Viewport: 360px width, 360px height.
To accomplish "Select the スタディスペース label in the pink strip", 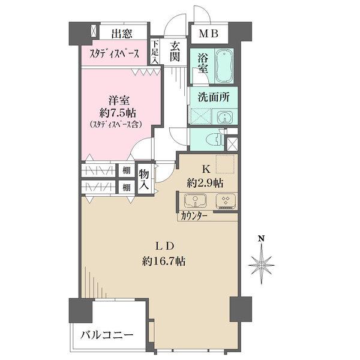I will coord(115,53).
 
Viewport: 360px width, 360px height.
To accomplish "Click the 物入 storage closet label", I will coord(144,179).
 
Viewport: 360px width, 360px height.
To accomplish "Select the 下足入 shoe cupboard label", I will coord(155,52).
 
